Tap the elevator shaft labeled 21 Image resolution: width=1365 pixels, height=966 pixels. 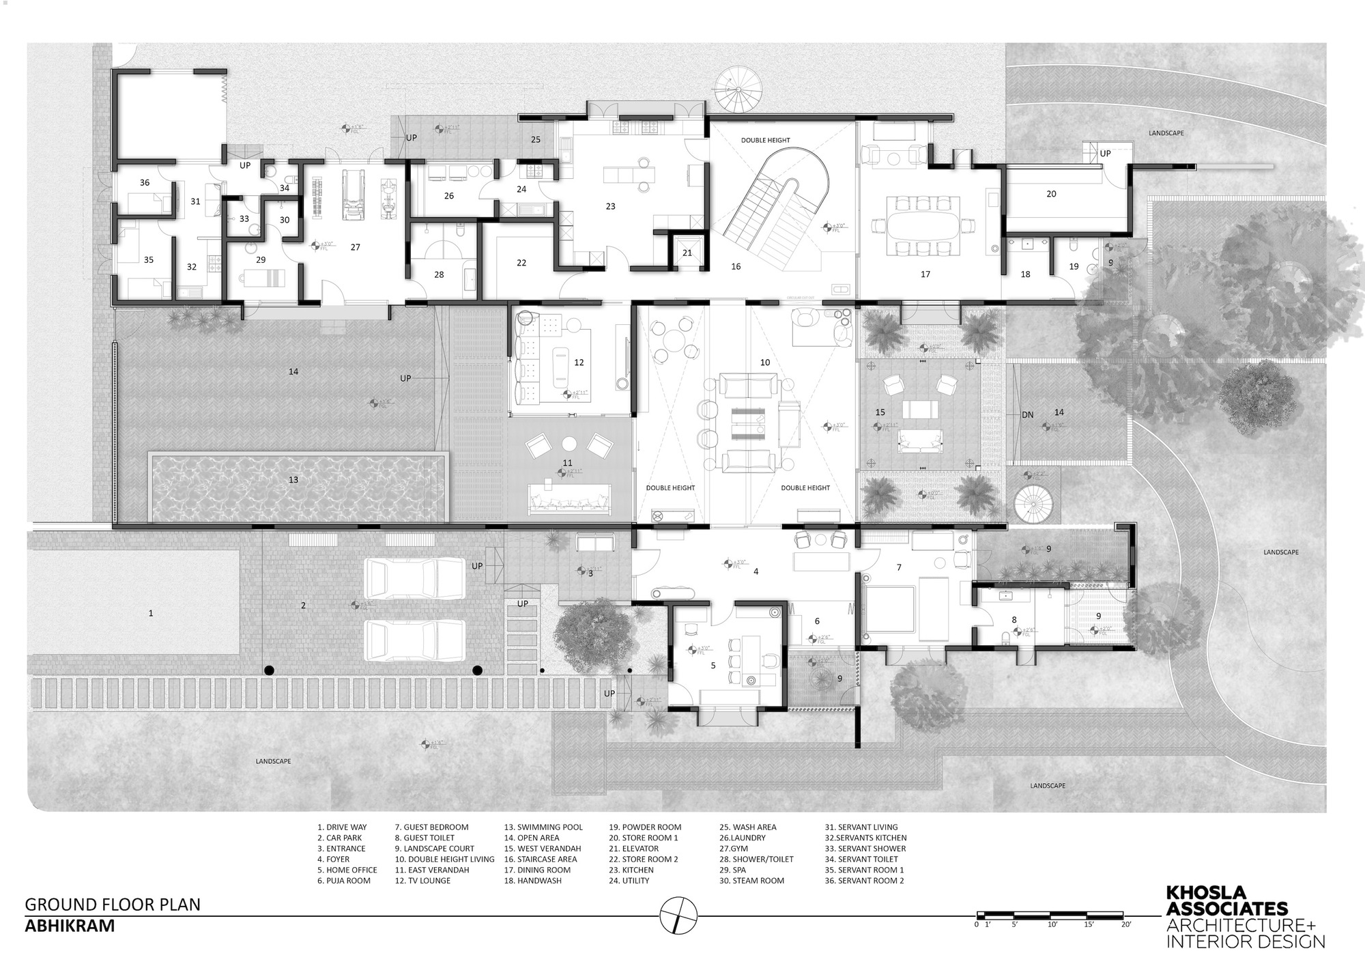[x=687, y=252]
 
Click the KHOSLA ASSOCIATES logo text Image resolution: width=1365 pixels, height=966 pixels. [x=1226, y=901]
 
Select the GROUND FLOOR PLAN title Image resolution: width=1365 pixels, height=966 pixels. [x=113, y=905]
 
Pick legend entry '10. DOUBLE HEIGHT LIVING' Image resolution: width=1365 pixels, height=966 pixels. [x=444, y=860]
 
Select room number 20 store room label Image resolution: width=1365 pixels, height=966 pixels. [x=1051, y=194]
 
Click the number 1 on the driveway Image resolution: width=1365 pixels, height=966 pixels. [x=151, y=614]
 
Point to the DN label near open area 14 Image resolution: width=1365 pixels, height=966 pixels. [x=1027, y=414]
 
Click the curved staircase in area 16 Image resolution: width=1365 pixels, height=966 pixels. [x=778, y=205]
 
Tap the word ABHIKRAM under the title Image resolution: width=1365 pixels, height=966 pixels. [x=70, y=926]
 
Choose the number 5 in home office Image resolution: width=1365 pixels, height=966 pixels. [x=713, y=665]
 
